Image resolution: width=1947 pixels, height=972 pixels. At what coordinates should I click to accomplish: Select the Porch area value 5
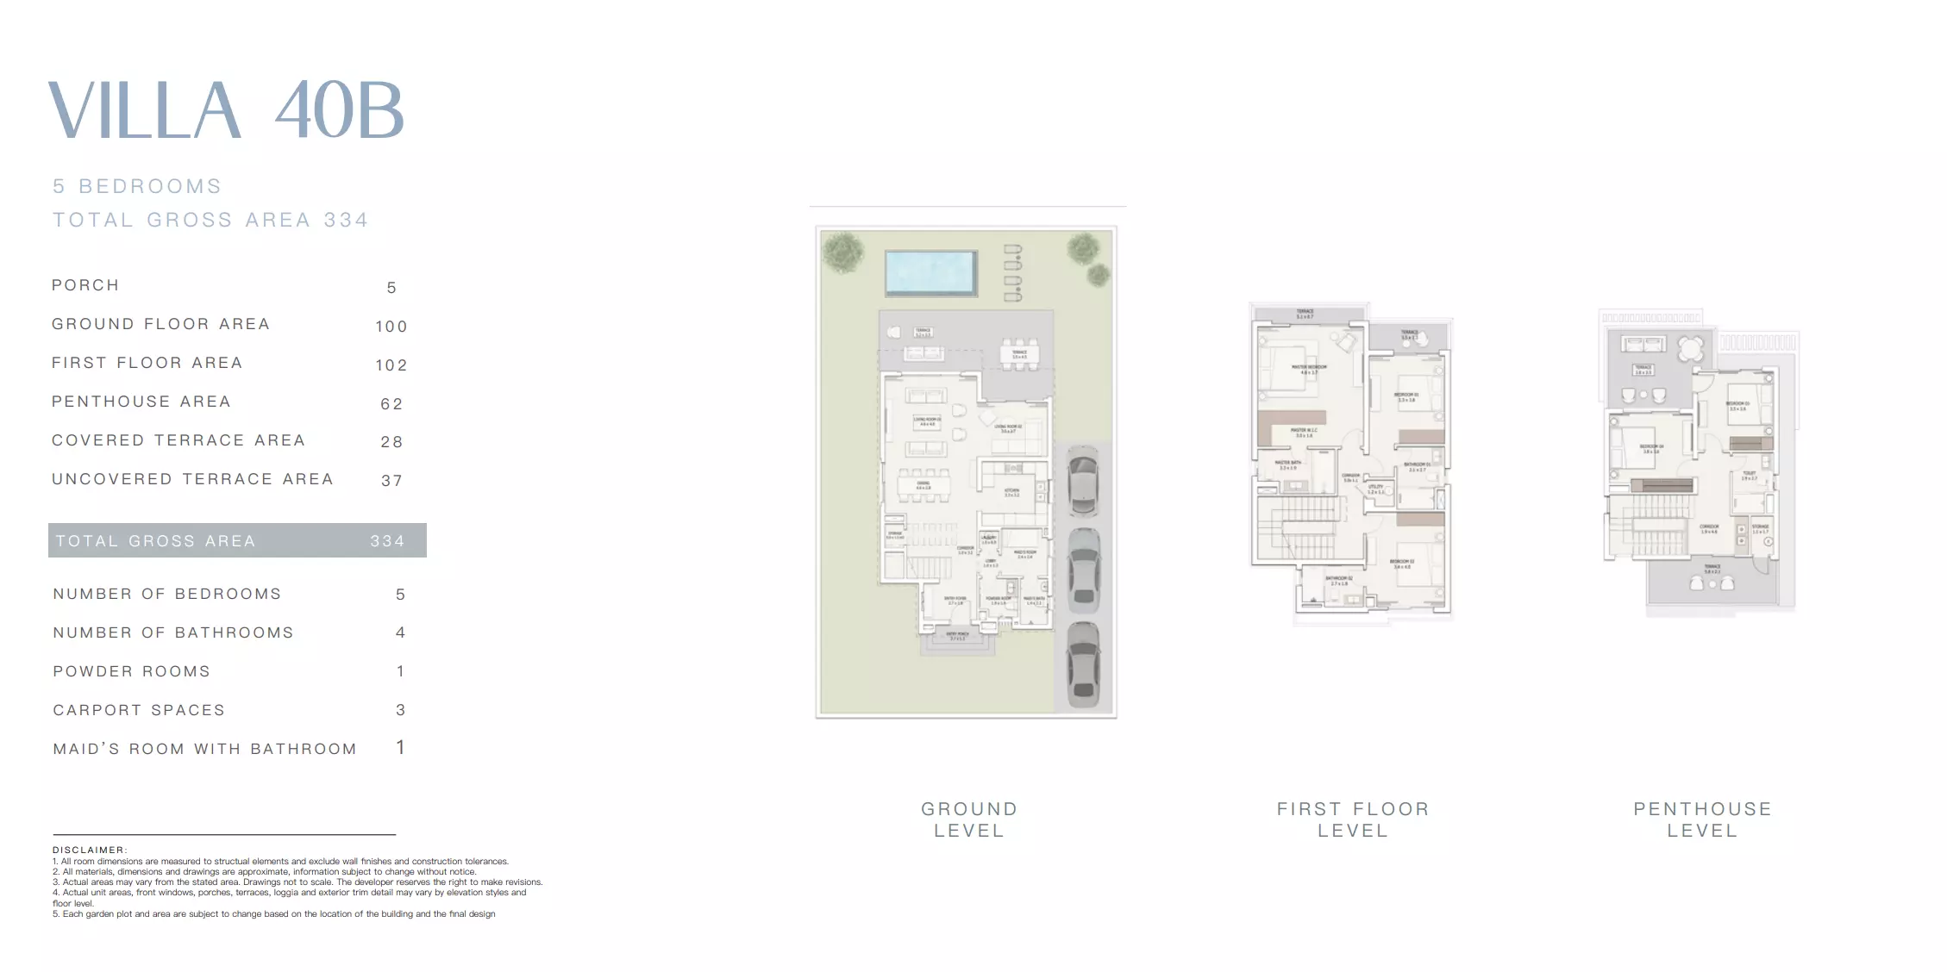391,288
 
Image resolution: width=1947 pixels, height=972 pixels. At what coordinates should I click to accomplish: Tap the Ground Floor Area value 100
391,327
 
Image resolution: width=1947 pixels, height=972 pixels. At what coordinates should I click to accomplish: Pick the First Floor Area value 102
391,365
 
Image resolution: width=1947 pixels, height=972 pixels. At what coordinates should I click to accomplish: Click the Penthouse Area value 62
391,404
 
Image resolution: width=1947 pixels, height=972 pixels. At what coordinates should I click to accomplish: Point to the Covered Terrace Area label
178,440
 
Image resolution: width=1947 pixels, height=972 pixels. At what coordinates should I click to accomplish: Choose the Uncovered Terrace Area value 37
391,481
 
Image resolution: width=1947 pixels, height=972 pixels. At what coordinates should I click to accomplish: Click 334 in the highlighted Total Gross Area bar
387,541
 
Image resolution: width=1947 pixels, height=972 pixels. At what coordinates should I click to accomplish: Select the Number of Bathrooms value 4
400,632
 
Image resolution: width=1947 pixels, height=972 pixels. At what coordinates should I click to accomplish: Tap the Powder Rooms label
132,671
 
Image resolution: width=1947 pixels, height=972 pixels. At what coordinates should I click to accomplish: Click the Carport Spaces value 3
400,710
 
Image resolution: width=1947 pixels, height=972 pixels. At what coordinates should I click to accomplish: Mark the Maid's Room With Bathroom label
205,749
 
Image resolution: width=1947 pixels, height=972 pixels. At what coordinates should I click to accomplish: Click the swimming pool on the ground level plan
930,271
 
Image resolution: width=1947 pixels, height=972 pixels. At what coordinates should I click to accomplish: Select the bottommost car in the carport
1083,664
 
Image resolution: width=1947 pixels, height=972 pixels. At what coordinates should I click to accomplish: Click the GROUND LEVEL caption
969,819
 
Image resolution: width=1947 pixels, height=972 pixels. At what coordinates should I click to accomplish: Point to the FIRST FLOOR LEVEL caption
1353,819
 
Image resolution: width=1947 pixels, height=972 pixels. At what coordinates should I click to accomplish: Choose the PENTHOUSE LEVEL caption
1702,819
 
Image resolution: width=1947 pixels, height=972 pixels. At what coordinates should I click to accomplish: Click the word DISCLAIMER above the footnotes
90,850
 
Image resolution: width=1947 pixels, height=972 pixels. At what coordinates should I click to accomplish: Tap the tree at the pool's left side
842,252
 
